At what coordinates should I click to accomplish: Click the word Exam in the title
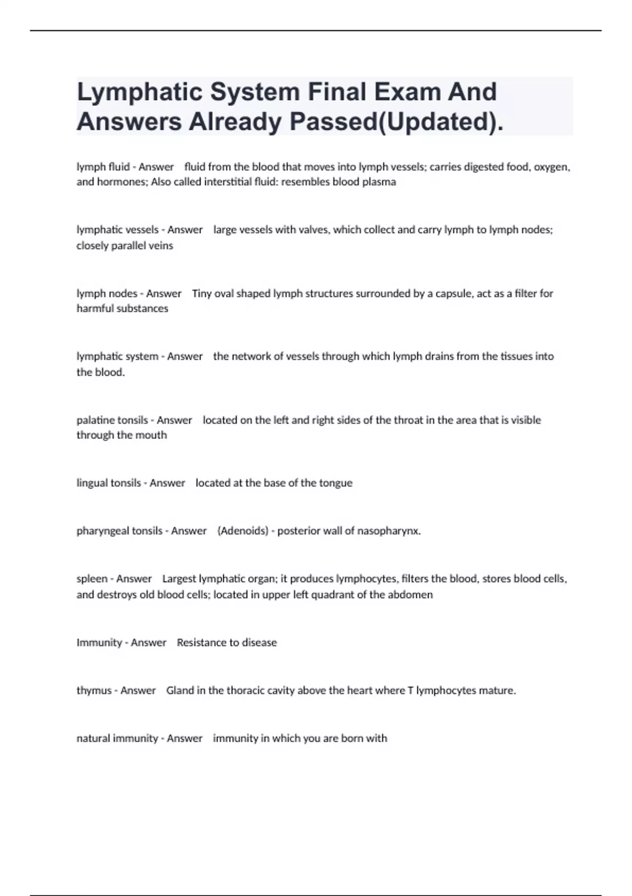(407, 92)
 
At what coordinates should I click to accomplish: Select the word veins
(161, 246)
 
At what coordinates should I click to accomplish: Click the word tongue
(335, 483)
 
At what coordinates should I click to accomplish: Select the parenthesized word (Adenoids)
(243, 531)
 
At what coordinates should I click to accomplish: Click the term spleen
(92, 579)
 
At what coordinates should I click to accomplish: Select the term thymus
(94, 690)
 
